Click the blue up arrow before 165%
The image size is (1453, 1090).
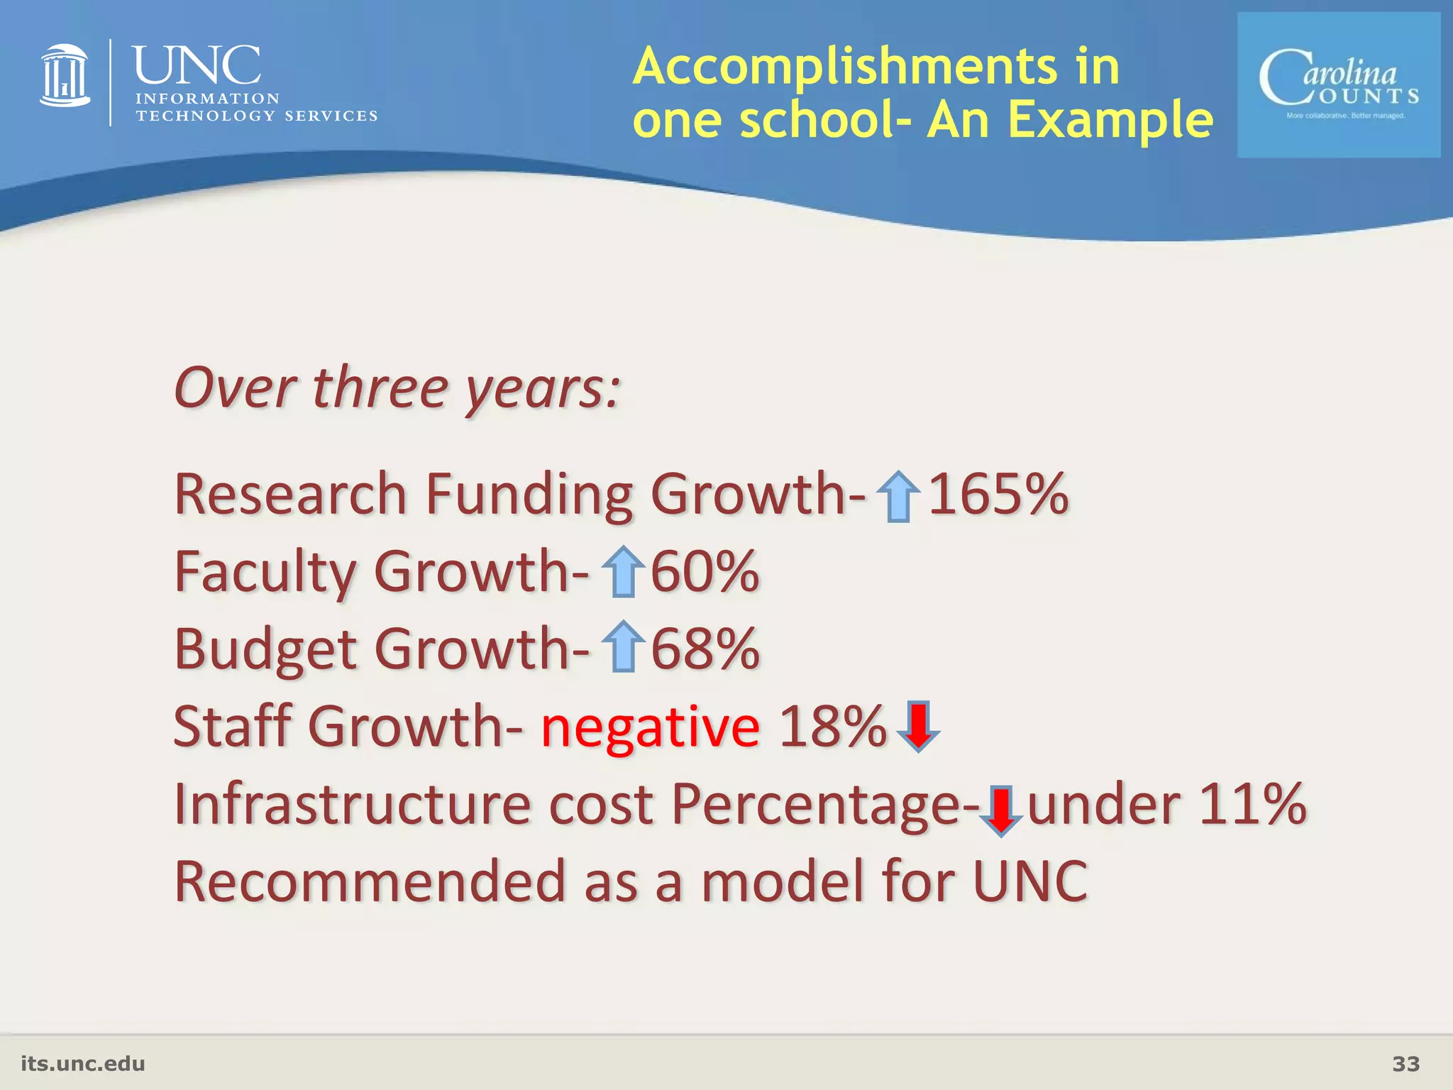(x=898, y=497)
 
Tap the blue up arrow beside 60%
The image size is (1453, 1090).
(x=623, y=572)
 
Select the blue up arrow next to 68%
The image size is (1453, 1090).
(x=623, y=647)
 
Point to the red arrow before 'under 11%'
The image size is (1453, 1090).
(x=1000, y=810)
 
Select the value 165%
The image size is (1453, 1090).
(x=998, y=494)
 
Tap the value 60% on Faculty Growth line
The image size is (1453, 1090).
(x=705, y=572)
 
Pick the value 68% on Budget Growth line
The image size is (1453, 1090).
(x=705, y=649)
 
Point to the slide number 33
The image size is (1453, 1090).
(x=1405, y=1064)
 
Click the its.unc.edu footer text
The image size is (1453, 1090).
(x=83, y=1064)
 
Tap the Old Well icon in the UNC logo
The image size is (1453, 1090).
(x=65, y=76)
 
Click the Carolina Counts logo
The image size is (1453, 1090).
(x=1338, y=85)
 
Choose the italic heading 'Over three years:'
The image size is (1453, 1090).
(x=397, y=389)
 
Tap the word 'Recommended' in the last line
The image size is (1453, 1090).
(x=370, y=881)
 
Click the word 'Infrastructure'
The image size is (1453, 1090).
(x=353, y=805)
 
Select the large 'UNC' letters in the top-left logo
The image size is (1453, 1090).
(x=197, y=65)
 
